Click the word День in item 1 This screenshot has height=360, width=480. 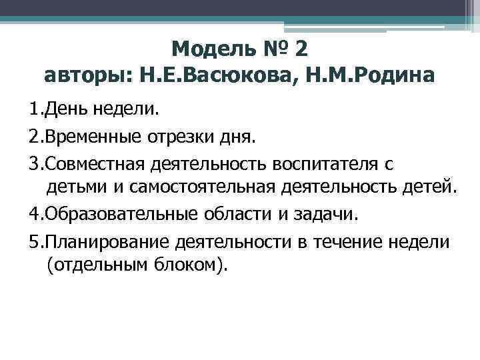coord(62,107)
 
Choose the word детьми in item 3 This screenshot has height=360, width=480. coord(72,187)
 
